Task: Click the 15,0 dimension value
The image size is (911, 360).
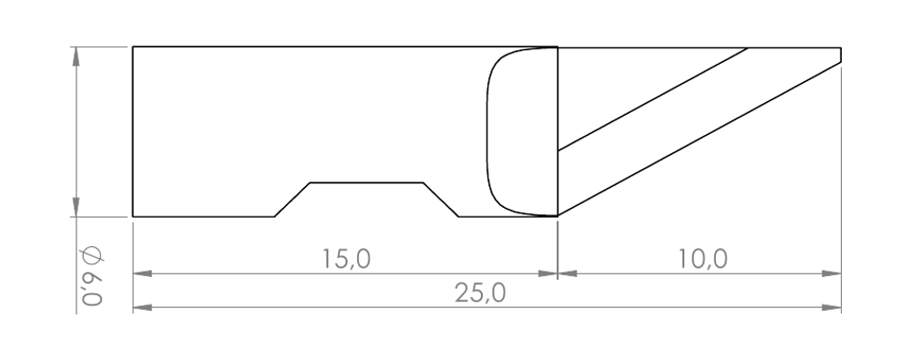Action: [346, 259]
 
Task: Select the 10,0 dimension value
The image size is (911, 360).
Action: [703, 259]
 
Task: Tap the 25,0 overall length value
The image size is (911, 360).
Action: [480, 293]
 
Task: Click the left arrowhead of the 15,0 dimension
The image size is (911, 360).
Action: [143, 273]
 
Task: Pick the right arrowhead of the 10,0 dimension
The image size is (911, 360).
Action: [832, 273]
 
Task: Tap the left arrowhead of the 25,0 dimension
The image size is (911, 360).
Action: [143, 307]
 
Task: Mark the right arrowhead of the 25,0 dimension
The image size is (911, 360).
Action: [832, 307]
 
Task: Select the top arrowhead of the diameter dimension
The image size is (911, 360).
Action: [77, 57]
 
